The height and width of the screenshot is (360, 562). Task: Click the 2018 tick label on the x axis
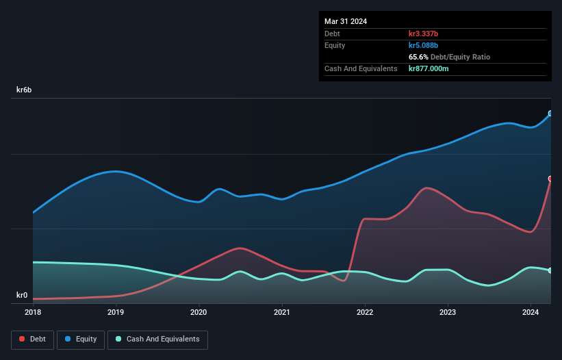33,312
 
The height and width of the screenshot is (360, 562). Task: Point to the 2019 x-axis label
116,312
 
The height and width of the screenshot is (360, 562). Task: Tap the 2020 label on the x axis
199,312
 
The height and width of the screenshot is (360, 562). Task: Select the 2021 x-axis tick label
281,312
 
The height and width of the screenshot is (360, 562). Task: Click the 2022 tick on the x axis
365,312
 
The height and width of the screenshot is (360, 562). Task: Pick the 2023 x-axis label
448,312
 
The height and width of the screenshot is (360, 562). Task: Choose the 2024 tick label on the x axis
531,312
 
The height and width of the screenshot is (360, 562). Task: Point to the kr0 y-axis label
23,296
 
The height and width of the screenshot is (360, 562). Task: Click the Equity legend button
81,339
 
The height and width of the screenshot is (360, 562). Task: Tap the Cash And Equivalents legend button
157,339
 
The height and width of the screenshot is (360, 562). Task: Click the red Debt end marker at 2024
550,179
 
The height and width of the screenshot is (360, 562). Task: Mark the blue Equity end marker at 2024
550,114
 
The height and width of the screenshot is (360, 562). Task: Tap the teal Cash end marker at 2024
550,270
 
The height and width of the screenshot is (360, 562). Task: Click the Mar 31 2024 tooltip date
346,21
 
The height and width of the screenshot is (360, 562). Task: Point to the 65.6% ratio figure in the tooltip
420,57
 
